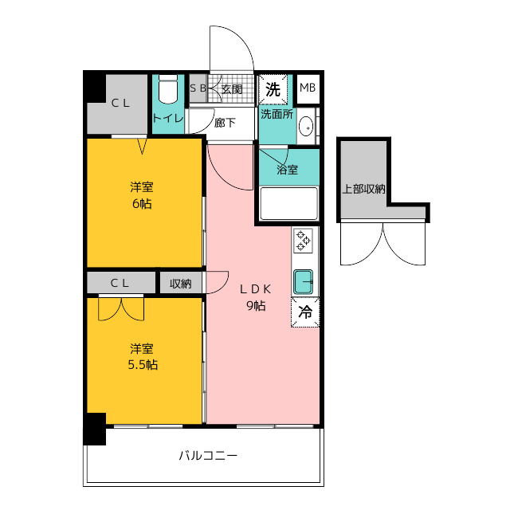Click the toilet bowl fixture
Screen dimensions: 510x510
(x=168, y=89)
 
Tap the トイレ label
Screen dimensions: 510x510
(x=168, y=118)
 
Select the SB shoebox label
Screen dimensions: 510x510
(x=198, y=88)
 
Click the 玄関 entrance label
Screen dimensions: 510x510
(x=232, y=89)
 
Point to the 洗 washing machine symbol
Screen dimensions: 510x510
(x=273, y=89)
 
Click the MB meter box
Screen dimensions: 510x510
(x=308, y=88)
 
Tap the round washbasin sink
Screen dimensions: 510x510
(x=306, y=126)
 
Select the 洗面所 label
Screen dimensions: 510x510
(x=277, y=114)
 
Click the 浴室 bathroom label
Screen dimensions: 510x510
(x=287, y=169)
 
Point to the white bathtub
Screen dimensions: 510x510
(x=288, y=204)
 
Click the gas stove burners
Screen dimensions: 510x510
(x=303, y=241)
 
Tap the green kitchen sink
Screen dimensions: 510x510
(x=303, y=281)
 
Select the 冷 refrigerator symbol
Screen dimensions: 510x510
(x=305, y=312)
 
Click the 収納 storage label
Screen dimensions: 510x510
(x=181, y=284)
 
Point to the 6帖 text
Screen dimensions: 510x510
(x=142, y=204)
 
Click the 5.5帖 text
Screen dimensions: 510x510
(x=143, y=365)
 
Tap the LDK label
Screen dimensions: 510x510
(x=256, y=288)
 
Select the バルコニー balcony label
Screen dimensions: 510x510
(x=208, y=455)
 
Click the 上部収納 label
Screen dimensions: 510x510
(x=363, y=189)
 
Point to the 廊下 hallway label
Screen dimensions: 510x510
(x=225, y=123)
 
